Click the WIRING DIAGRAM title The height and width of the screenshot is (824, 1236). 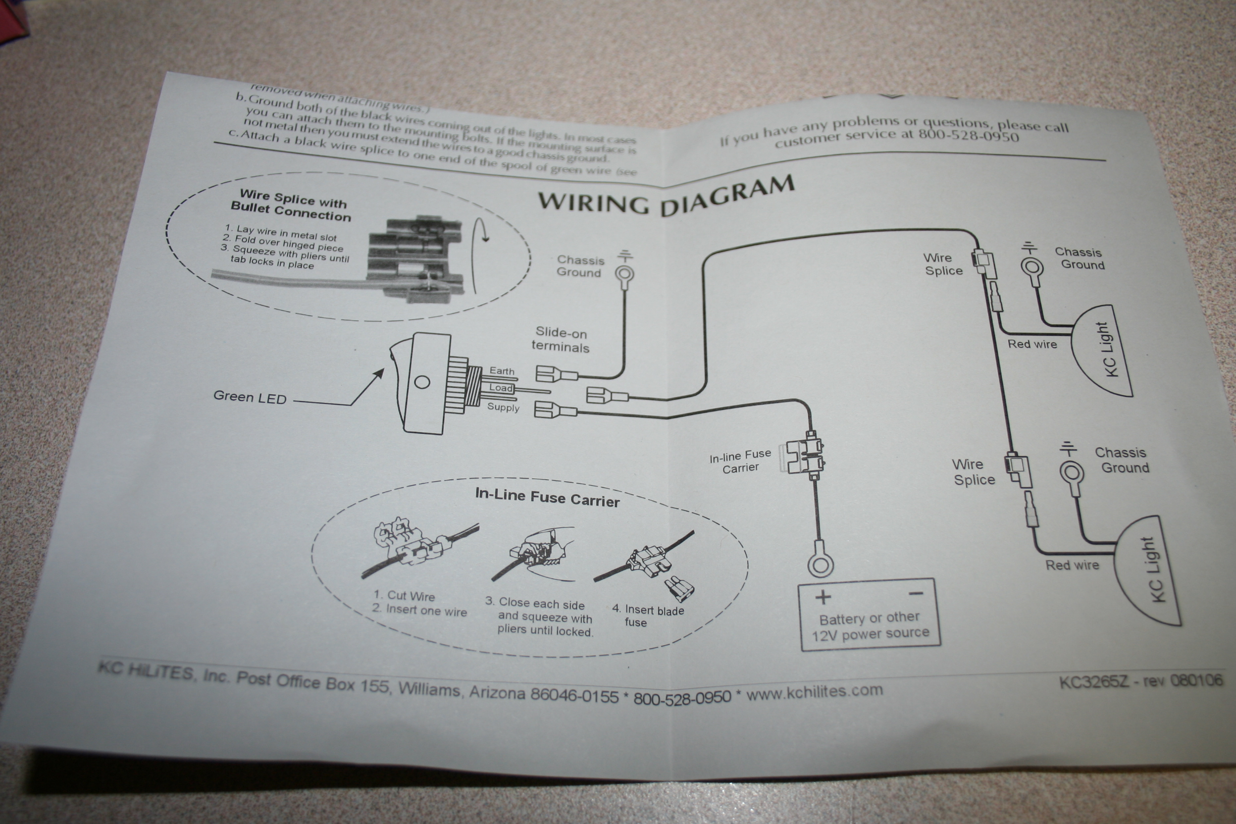point(666,197)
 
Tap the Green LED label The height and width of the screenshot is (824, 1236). point(250,397)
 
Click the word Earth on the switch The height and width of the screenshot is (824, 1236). point(502,370)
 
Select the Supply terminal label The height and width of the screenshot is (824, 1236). point(503,407)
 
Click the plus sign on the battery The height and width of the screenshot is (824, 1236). point(823,598)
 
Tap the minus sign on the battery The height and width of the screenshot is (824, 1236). point(916,594)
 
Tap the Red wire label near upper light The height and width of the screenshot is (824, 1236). point(1032,344)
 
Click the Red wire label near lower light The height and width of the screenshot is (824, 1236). point(1072,565)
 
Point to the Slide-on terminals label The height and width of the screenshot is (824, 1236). point(561,340)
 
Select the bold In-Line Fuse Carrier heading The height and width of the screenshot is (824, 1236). point(547,497)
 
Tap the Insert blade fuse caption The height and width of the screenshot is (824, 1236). point(648,616)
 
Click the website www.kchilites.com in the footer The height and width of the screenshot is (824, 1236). point(815,693)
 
